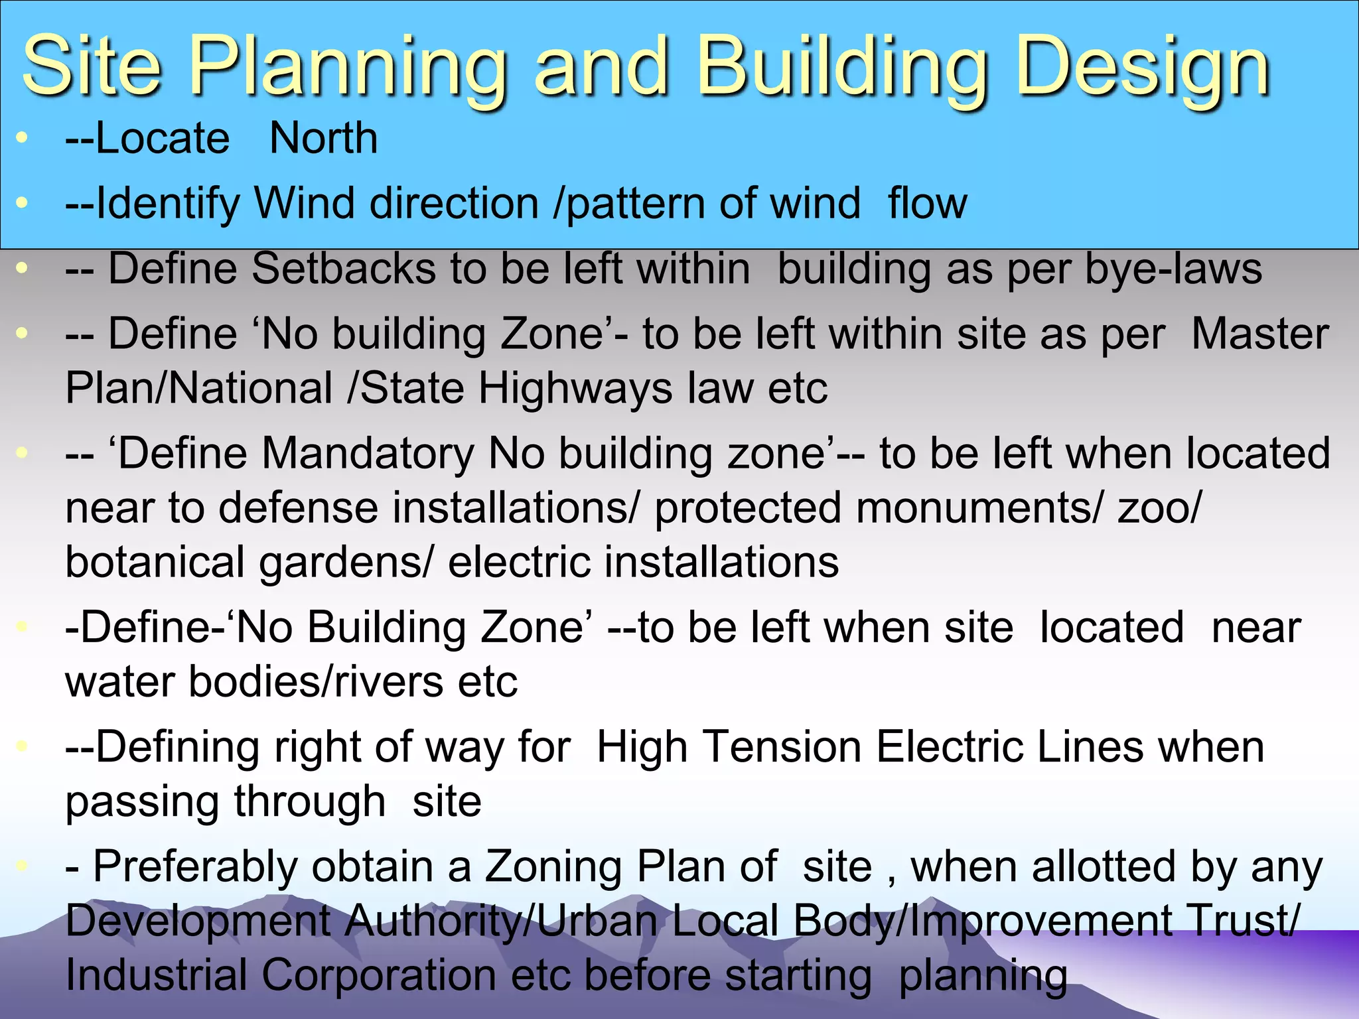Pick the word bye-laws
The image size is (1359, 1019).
tap(1174, 269)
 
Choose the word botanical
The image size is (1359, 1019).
tap(155, 563)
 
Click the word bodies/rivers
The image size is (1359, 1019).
tap(315, 682)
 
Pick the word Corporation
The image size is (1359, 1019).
tap(378, 975)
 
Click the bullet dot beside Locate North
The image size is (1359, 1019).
tap(23, 138)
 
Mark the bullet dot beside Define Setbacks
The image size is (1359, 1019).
tap(23, 269)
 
